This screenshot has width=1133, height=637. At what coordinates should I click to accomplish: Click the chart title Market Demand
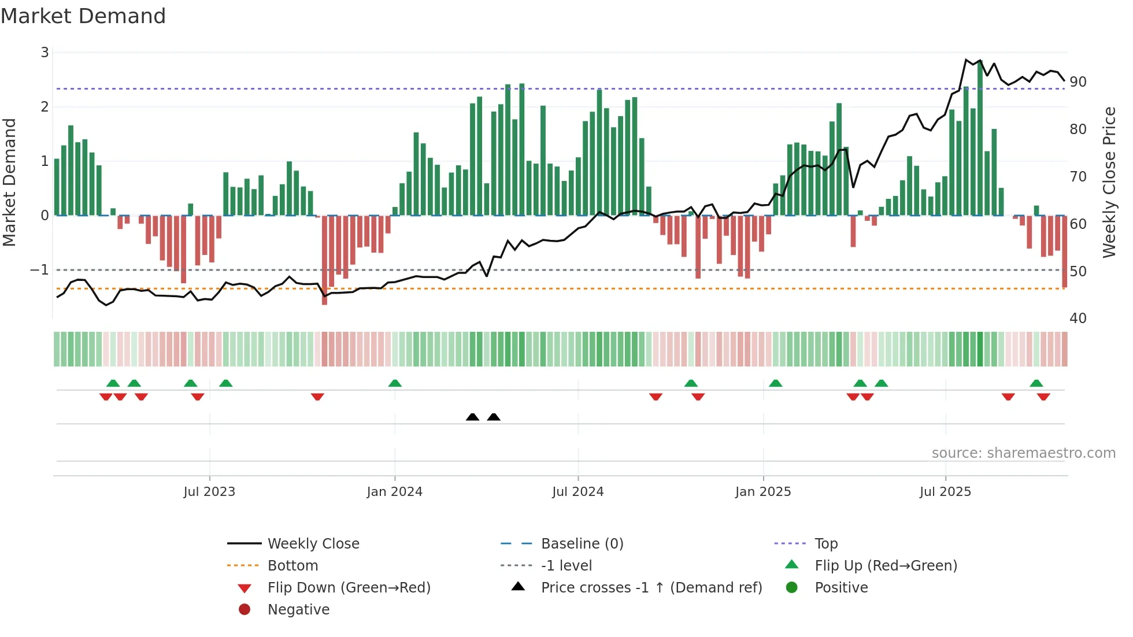click(83, 16)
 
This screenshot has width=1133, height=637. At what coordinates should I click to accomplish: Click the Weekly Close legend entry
click(313, 543)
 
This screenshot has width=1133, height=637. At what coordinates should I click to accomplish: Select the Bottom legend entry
click(292, 565)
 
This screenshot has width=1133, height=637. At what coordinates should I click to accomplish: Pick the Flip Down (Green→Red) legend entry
click(349, 587)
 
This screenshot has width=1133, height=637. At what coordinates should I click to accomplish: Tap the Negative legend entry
click(298, 609)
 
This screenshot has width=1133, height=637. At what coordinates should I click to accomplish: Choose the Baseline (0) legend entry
click(582, 543)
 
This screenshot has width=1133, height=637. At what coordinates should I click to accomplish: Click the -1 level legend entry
click(566, 565)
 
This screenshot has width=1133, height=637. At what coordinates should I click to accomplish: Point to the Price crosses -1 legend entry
click(651, 587)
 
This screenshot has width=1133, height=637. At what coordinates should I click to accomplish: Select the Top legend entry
click(825, 543)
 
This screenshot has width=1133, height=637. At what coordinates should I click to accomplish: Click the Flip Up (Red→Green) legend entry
click(886, 565)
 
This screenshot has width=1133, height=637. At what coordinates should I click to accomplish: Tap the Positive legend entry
click(841, 587)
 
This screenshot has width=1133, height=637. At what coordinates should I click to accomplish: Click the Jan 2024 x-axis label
click(394, 492)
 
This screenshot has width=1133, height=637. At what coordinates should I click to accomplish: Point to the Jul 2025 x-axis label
click(945, 492)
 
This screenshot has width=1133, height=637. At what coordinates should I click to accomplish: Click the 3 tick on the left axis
click(45, 53)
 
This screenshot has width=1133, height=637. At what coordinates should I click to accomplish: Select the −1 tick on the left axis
click(39, 270)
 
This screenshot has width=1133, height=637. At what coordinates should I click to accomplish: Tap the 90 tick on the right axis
click(1078, 82)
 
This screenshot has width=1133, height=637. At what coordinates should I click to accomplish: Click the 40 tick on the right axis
click(1078, 318)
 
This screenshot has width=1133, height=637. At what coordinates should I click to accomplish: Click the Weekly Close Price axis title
click(1109, 182)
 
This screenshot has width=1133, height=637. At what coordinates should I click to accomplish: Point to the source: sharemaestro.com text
click(1023, 453)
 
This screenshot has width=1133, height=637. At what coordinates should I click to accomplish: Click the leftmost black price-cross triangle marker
click(472, 417)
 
